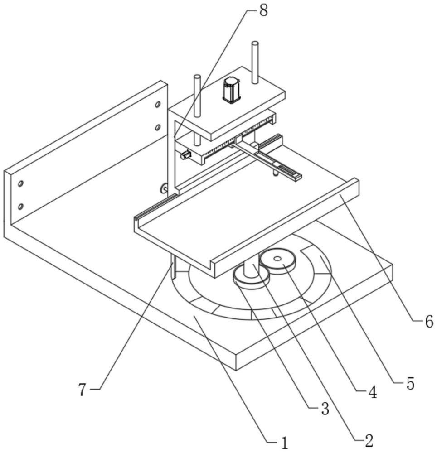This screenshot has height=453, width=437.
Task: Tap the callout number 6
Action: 429,321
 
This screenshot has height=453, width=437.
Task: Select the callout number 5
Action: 410,384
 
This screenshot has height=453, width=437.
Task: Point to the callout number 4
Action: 373,392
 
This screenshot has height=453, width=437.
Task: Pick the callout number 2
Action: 369,441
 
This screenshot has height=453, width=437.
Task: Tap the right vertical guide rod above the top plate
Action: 254,63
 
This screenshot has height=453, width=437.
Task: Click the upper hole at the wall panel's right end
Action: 158,104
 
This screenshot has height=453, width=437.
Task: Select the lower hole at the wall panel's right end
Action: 158,127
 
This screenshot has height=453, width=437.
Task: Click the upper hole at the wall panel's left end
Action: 20,184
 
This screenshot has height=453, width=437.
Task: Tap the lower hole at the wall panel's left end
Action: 20,207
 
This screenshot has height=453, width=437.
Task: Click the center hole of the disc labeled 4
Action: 278,259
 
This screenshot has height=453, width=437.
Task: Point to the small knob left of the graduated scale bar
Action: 185,155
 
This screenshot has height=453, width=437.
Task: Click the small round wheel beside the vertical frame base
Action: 164,188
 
